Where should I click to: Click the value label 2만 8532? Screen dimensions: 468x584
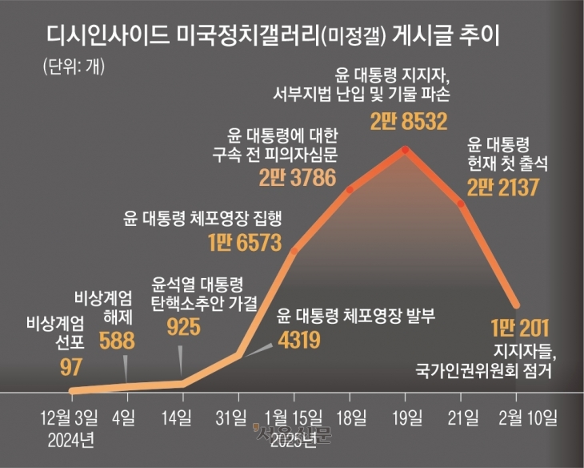[408, 121]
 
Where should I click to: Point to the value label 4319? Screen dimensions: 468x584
[299, 340]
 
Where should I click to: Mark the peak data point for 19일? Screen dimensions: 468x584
[406, 150]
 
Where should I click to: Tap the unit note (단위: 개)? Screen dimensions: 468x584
[69, 65]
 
